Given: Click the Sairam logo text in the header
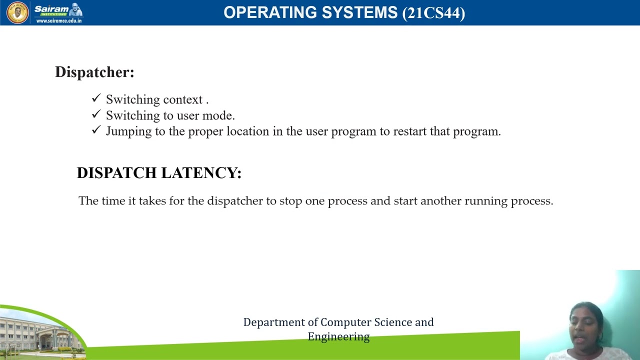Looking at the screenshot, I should [51, 9].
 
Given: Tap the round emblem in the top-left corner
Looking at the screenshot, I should [17, 12].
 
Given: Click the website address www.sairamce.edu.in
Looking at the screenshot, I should [58, 21].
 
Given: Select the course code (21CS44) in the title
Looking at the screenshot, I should [433, 13].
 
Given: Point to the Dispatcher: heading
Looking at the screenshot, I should [94, 72].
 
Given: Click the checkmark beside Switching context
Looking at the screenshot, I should [96, 98].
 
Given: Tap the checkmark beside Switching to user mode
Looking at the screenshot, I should [96, 114].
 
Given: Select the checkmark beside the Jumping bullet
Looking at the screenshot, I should [96, 130].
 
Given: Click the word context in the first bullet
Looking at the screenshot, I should [182, 100].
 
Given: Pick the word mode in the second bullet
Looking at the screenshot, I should [218, 115].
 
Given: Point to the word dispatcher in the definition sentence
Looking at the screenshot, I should [234, 201].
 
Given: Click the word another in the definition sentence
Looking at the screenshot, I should [440, 201].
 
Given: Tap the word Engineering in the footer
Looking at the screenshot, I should [338, 337].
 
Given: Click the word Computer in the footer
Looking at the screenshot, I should [345, 322].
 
